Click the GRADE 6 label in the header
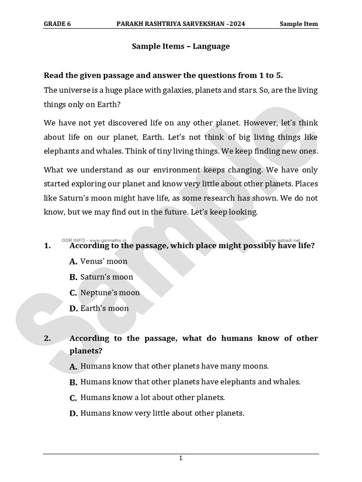(57, 24)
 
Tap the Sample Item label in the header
(298, 24)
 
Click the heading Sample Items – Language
(181, 46)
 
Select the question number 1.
(47, 246)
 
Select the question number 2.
(47, 338)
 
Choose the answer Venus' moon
(104, 261)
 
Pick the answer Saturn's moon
(107, 277)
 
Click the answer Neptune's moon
(110, 293)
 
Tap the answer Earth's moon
(104, 309)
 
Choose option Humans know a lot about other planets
(152, 398)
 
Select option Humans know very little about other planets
(162, 414)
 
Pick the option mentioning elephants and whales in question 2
(190, 382)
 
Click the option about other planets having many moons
(174, 366)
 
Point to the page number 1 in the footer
(181, 458)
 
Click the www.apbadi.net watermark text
(286, 240)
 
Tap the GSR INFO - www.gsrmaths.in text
(94, 240)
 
